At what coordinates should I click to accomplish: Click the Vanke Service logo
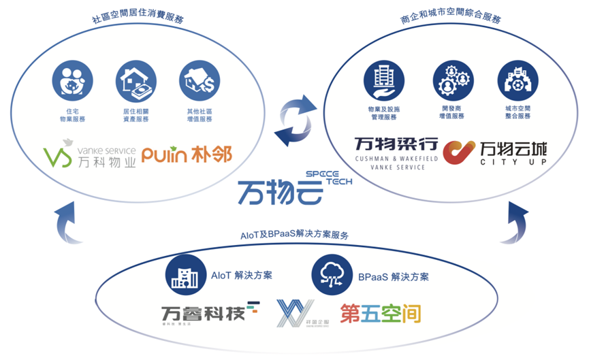pyautogui.click(x=89, y=154)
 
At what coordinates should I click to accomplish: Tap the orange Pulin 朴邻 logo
pyautogui.click(x=187, y=155)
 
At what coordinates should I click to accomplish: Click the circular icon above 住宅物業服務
pyautogui.click(x=72, y=80)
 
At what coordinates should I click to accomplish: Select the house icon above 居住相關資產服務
pyautogui.click(x=136, y=80)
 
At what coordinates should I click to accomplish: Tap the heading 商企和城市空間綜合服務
pyautogui.click(x=450, y=20)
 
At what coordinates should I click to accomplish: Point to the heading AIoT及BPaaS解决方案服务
pyautogui.click(x=295, y=235)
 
